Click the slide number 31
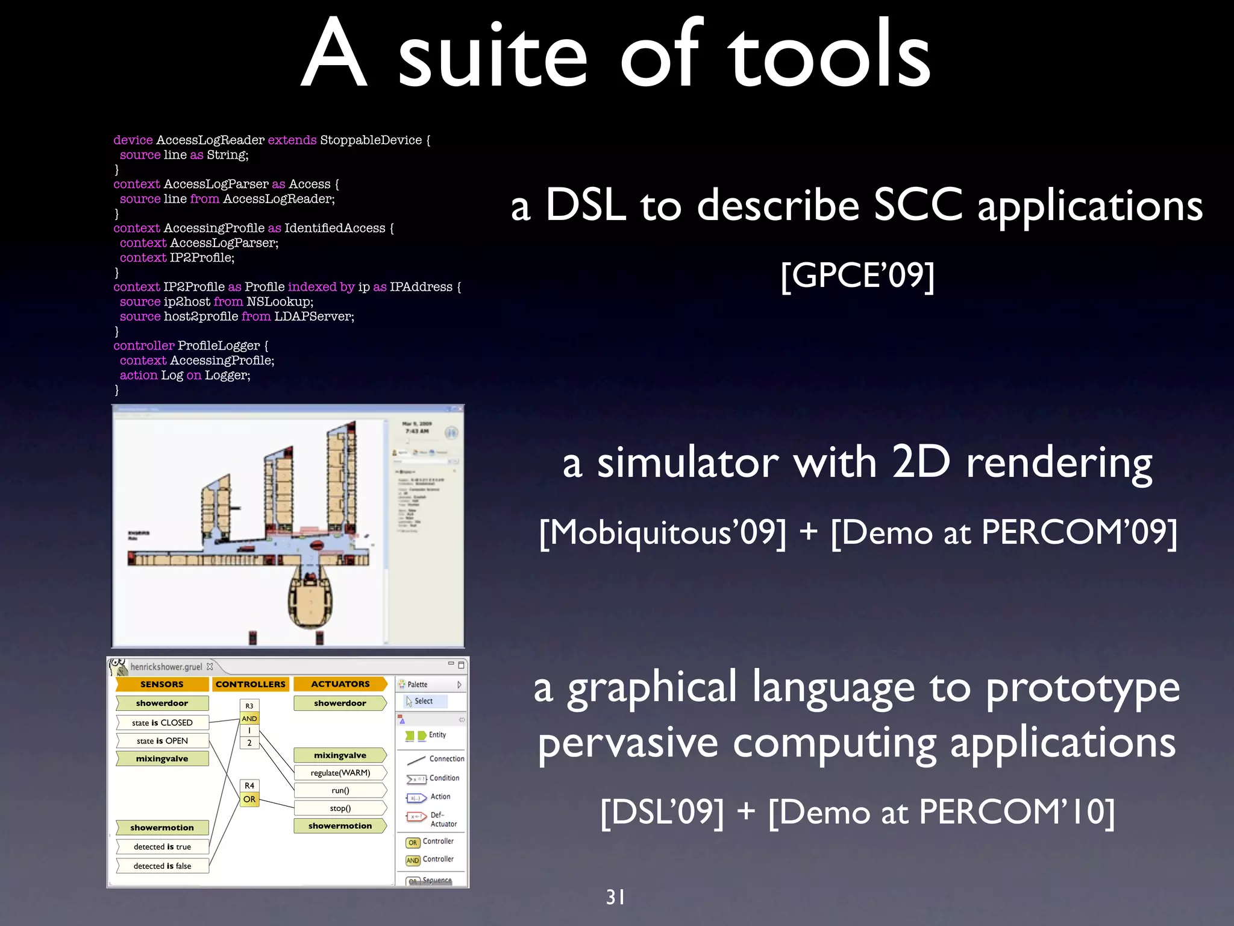click(615, 897)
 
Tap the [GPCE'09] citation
click(857, 276)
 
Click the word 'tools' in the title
click(830, 55)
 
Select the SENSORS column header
click(161, 684)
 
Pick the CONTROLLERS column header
click(250, 684)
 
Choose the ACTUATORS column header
click(340, 684)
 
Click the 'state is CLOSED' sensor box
click(162, 722)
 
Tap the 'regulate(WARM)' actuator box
click(340, 773)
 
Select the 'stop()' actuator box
click(340, 808)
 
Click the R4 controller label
click(249, 786)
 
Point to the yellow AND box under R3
click(249, 719)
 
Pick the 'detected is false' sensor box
click(162, 866)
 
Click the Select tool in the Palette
click(423, 701)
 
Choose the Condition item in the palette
click(443, 778)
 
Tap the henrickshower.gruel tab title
click(166, 667)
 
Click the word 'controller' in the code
click(143, 345)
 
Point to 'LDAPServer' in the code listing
click(314, 317)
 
